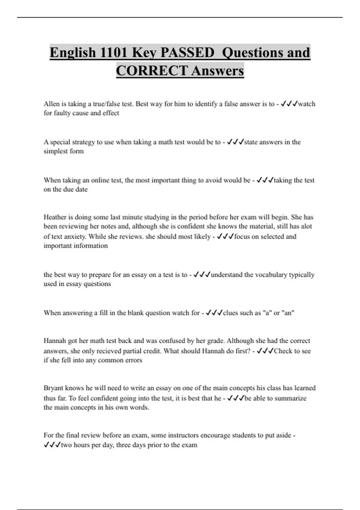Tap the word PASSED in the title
pyautogui.click(x=187, y=52)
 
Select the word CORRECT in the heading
pyautogui.click(x=151, y=71)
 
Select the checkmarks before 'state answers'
pyautogui.click(x=235, y=142)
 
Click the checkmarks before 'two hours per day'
pyautogui.click(x=52, y=445)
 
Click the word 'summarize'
pyautogui.click(x=290, y=398)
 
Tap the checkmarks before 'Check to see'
pyautogui.click(x=265, y=351)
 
